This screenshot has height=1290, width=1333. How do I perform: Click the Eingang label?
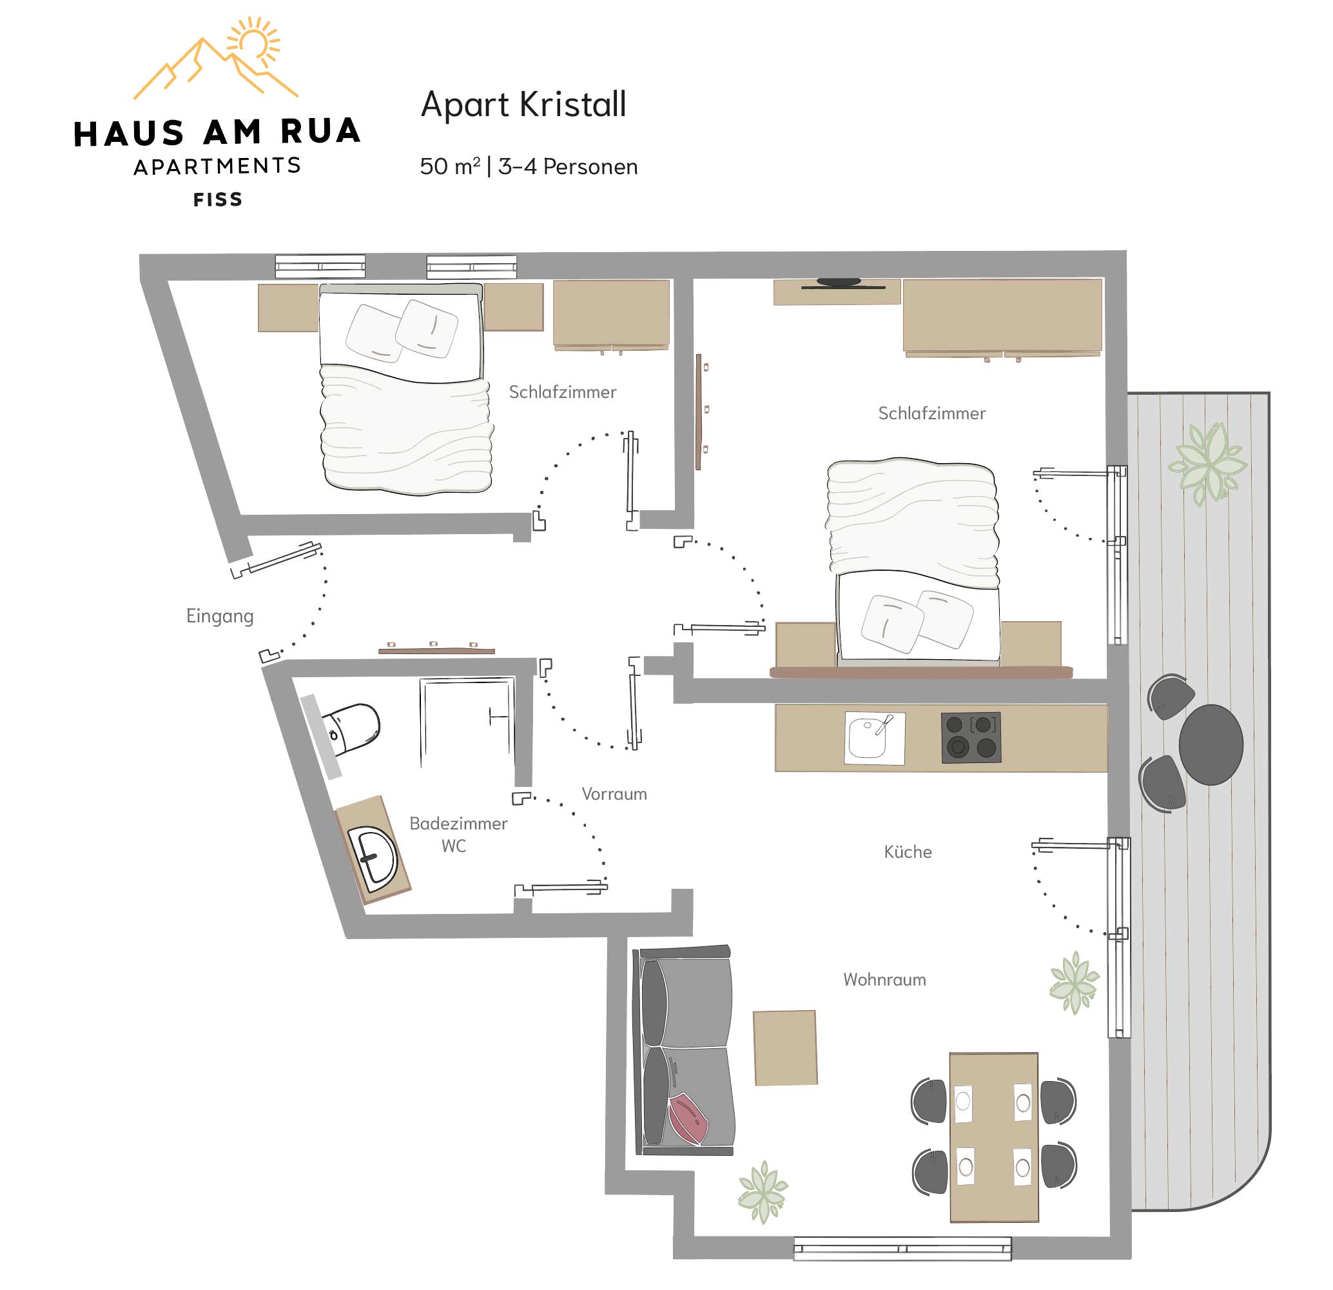click(220, 616)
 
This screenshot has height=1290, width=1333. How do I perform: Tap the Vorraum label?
click(614, 794)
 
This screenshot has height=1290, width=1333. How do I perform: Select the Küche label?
click(908, 852)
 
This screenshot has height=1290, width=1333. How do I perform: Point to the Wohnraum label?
click(884, 980)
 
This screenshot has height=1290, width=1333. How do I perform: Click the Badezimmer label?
click(458, 823)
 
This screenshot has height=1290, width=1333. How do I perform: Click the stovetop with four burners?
click(971, 737)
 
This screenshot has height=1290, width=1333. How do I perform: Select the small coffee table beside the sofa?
click(785, 1047)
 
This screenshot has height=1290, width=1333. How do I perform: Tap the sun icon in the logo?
click(255, 42)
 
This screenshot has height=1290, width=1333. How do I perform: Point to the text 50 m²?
click(449, 166)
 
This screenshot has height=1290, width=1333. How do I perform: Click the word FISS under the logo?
click(218, 200)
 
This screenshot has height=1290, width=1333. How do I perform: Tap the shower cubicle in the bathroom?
click(467, 722)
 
